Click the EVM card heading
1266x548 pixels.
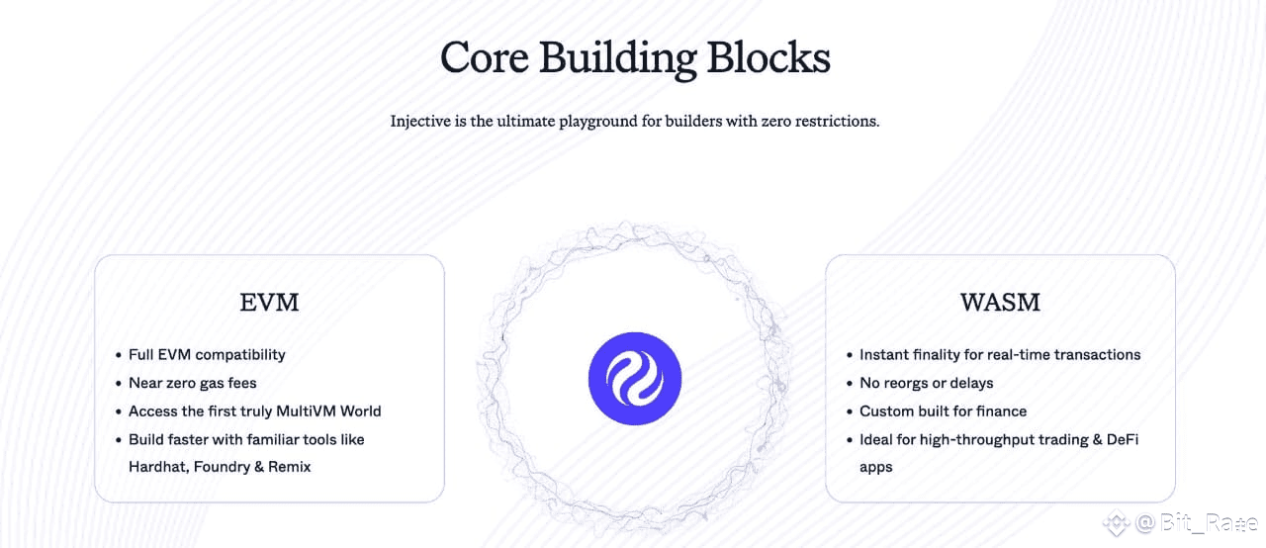[269, 302]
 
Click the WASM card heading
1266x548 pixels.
[1000, 302]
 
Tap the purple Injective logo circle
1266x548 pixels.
[635, 379]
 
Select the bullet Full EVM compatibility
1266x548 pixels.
[207, 354]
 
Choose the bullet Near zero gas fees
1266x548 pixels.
[192, 383]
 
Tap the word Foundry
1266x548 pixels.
[228, 466]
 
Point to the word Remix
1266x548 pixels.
[289, 466]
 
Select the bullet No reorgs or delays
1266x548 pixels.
[926, 383]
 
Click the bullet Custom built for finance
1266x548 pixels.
[943, 411]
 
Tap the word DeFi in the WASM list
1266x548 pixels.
[1123, 438]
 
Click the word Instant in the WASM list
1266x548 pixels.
[885, 354]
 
